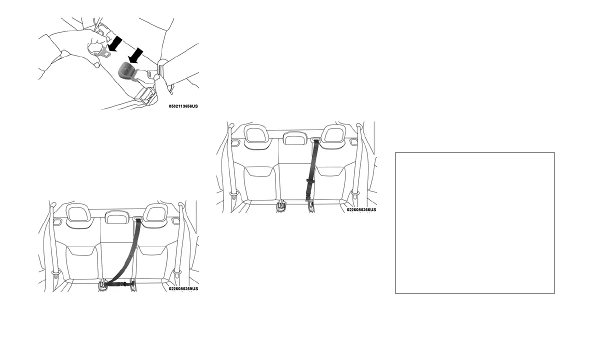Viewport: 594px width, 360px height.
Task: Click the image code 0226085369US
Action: point(183,288)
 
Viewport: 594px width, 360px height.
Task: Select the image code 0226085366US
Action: point(361,210)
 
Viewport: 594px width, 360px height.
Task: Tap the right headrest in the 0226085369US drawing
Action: point(154,214)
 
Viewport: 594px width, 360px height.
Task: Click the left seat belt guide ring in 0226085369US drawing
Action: point(53,273)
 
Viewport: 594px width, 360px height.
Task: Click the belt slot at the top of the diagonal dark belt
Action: point(138,218)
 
